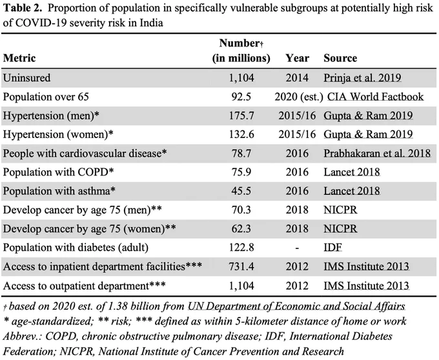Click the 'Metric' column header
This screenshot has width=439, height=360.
pos(19,58)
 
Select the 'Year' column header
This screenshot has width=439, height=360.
pos(297,58)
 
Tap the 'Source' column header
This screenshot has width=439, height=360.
pos(340,58)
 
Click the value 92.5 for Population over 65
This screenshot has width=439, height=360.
pos(241,97)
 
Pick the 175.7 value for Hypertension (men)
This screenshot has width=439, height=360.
pos(241,115)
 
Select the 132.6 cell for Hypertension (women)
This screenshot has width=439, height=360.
pos(241,135)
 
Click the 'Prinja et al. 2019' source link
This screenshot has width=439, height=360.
pos(362,78)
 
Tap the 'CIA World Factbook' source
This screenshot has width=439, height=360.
pos(376,97)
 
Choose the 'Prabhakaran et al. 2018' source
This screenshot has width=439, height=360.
pos(377,154)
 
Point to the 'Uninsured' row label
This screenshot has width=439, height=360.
pos(27,78)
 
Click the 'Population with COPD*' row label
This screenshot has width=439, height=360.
pos(58,172)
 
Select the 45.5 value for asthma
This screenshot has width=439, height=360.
pos(241,191)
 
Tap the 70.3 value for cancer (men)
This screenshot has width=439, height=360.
pos(241,210)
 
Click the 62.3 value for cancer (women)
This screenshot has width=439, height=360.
pos(241,229)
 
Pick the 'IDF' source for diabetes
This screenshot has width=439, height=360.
pos(333,248)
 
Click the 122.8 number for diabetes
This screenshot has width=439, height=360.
pos(241,248)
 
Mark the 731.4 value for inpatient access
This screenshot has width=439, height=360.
pos(241,266)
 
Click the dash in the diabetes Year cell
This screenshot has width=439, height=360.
pos(297,248)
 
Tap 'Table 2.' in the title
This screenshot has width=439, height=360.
pos(23,8)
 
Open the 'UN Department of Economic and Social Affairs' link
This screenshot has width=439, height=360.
pos(296,306)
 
